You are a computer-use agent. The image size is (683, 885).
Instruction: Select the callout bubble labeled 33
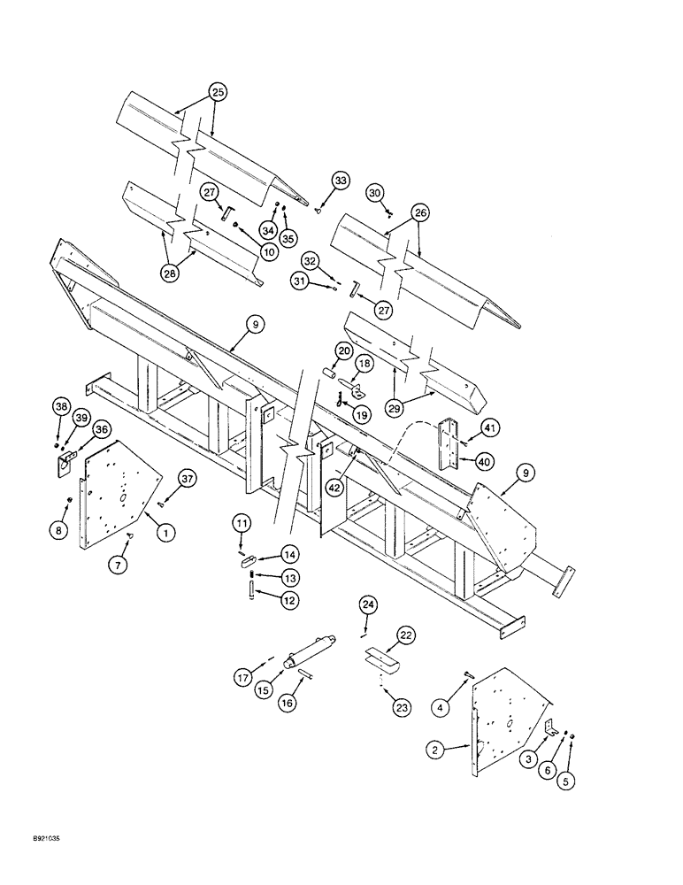click(340, 181)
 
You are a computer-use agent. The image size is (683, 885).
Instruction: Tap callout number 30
click(375, 193)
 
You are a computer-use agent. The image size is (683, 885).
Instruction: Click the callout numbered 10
click(269, 251)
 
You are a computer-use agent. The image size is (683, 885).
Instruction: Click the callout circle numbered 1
click(164, 532)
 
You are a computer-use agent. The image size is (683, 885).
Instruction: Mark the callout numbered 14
click(265, 554)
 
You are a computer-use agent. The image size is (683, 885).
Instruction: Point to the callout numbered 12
click(265, 600)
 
